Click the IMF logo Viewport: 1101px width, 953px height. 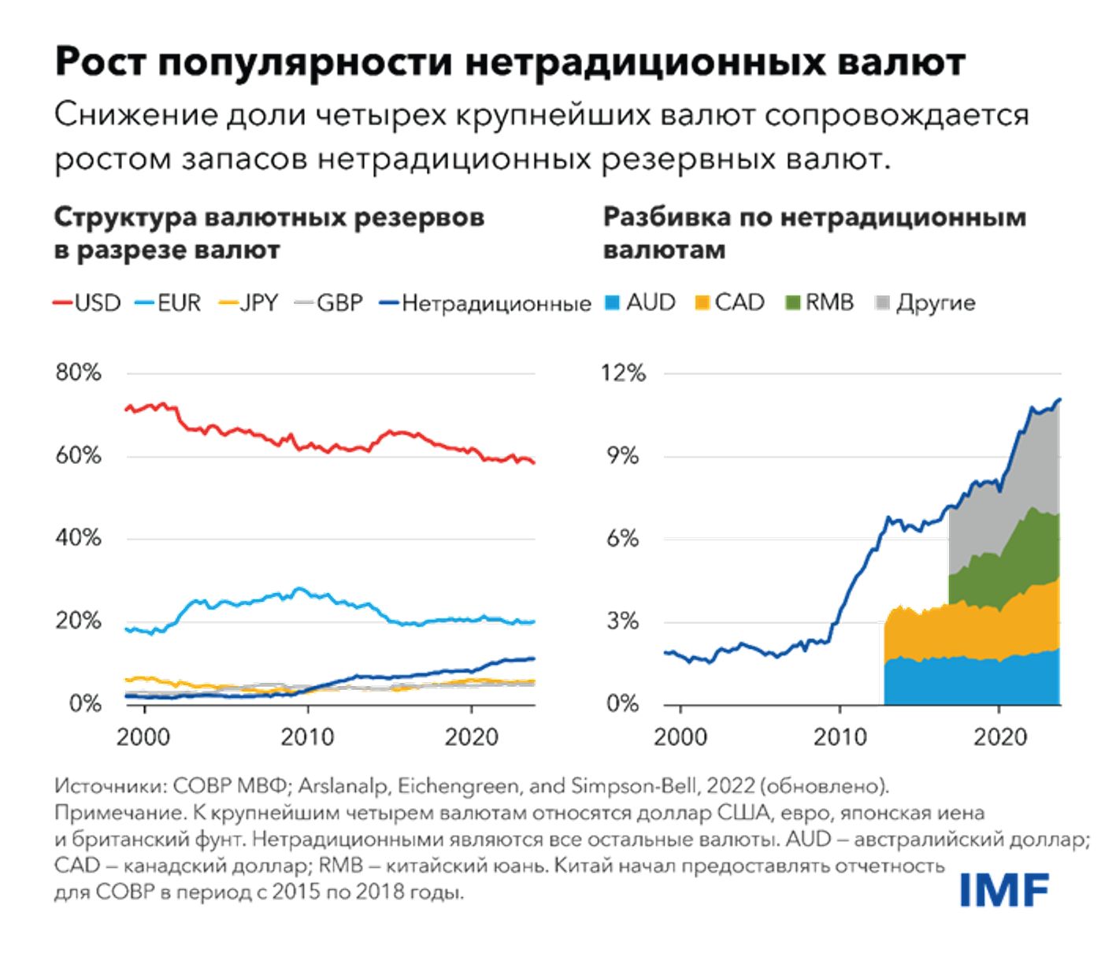(1004, 890)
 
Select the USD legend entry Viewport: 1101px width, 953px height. (88, 303)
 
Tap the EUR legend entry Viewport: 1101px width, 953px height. (169, 303)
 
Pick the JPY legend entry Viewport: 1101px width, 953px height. (249, 303)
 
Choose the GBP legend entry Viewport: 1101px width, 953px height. (329, 303)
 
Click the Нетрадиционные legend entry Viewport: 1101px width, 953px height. (486, 303)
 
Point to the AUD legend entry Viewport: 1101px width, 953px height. (641, 302)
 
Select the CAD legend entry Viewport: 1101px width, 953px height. (731, 302)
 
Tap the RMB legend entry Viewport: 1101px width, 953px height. (821, 302)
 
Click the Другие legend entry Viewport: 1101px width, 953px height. (926, 302)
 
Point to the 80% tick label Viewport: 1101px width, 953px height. (78, 373)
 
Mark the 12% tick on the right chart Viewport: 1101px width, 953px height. (623, 373)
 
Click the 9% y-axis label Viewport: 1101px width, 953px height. (623, 455)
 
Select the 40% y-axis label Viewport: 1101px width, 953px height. (78, 538)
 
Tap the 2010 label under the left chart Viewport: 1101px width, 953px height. (307, 737)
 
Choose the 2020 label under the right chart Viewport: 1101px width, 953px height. (1000, 737)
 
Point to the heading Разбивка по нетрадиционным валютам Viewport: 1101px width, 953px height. (814, 233)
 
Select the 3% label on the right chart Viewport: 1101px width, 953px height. (623, 621)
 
